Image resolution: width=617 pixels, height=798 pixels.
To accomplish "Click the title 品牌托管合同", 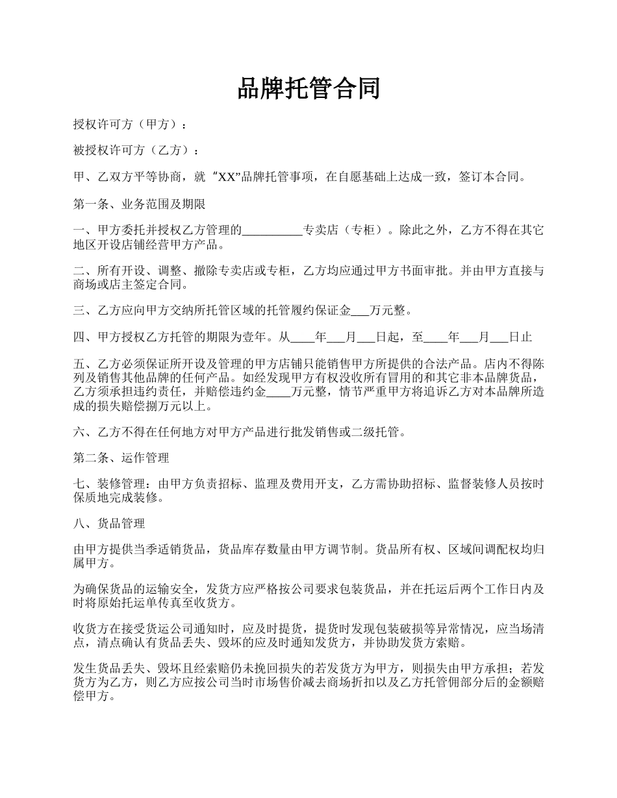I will (x=308, y=89).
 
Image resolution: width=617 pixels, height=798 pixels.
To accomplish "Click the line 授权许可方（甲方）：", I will (x=132, y=124).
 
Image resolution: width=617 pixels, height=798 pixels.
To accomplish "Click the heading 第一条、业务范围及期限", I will (x=139, y=204).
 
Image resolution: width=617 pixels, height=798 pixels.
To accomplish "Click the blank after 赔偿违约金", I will (x=279, y=392).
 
